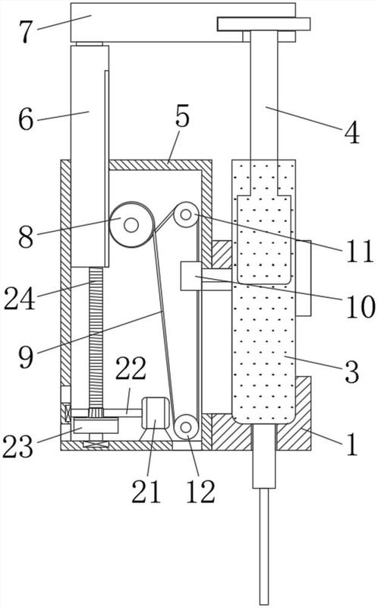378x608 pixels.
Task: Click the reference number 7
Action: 26,32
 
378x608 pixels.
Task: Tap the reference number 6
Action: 26,119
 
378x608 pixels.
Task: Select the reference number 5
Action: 182,116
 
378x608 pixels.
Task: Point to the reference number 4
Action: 352,135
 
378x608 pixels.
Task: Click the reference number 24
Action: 20,298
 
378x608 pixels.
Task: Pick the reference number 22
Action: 131,369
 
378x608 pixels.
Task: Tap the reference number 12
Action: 200,492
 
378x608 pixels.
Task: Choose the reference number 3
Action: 351,372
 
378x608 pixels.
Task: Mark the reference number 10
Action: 360,306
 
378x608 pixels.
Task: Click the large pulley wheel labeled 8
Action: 131,224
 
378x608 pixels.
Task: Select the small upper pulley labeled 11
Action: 186,214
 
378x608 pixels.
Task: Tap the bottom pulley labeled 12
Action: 186,427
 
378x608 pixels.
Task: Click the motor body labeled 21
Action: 155,413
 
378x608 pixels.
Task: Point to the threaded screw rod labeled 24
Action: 96,337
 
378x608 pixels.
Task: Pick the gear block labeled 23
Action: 95,426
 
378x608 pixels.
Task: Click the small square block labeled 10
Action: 191,276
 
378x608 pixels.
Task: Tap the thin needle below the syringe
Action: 264,546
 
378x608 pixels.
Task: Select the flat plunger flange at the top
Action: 263,24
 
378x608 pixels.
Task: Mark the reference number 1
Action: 352,445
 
